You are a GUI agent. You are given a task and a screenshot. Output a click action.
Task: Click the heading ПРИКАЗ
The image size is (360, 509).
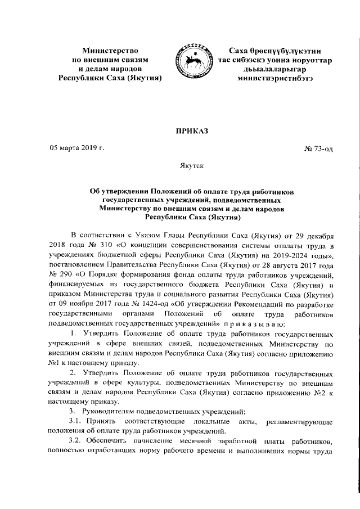[192, 131]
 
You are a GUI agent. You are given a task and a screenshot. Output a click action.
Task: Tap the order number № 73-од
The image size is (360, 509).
[318, 149]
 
